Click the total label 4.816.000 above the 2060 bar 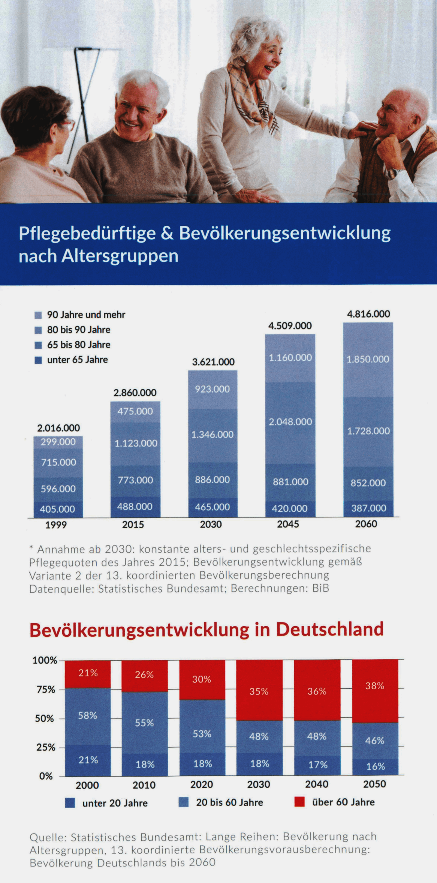(x=368, y=314)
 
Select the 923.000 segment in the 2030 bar (x=213, y=390)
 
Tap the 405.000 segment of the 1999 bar (x=58, y=510)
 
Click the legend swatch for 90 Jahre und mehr (x=38, y=315)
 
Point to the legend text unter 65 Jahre (x=78, y=360)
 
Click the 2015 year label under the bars (x=133, y=525)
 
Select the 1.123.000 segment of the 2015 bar (x=135, y=444)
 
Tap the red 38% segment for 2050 (x=375, y=691)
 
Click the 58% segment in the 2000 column (x=88, y=716)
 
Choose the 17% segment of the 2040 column (x=317, y=765)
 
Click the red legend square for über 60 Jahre (x=299, y=802)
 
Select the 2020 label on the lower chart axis (x=202, y=784)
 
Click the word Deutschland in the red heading (x=330, y=630)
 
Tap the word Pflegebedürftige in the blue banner (x=87, y=234)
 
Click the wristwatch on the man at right (x=392, y=173)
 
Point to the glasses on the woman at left (x=67, y=124)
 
